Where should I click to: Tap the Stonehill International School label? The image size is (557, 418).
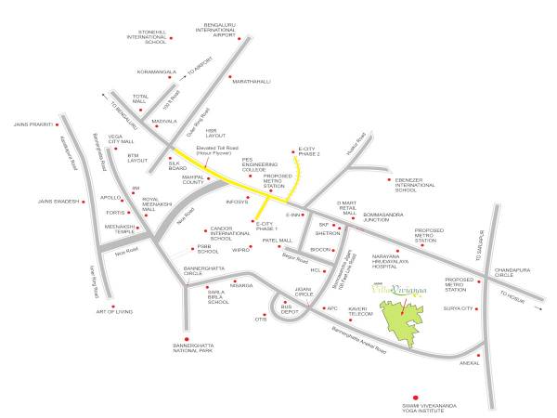147,38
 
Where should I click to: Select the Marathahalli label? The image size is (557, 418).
251,81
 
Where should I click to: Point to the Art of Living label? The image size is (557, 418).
115,313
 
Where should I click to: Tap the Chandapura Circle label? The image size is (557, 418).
516,272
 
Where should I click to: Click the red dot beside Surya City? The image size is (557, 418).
480,308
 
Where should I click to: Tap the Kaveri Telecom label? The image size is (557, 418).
360,311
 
